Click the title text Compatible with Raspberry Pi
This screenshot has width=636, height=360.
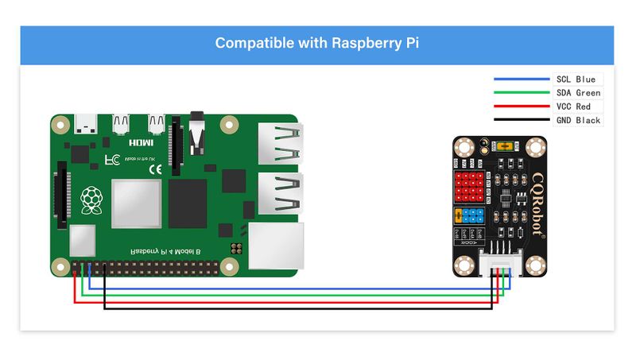click(317, 43)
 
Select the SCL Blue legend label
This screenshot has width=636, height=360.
click(576, 79)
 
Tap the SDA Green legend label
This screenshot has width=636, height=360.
click(577, 93)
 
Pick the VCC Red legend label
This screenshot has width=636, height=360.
click(573, 106)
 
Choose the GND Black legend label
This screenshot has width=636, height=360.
click(577, 120)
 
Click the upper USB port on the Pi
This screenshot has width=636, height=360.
click(280, 145)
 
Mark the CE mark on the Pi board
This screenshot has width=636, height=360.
click(156, 168)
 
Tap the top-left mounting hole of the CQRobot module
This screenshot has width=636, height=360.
click(463, 146)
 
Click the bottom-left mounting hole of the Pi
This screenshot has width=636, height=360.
click(59, 265)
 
